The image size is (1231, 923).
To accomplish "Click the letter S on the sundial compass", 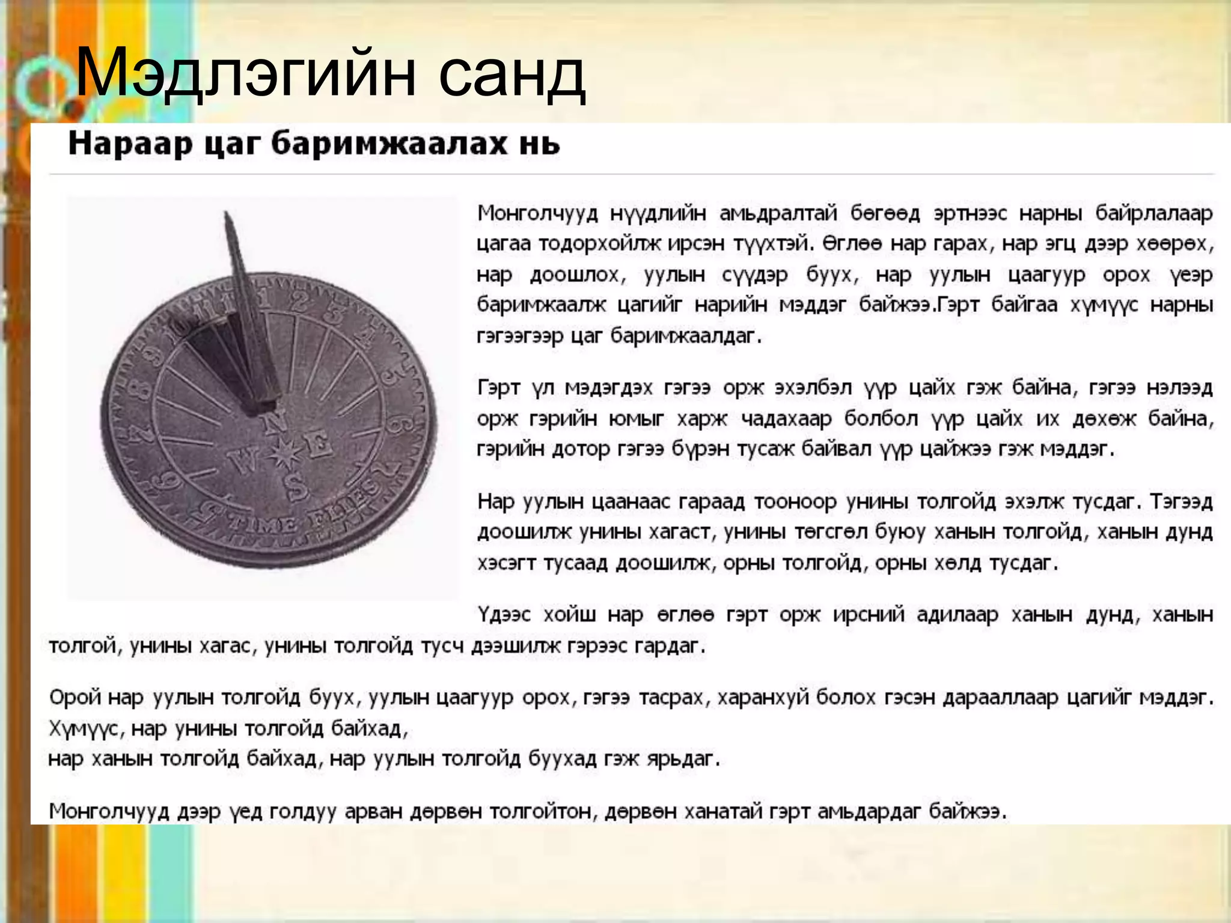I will (296, 488).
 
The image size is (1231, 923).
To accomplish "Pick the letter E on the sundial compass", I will (317, 446).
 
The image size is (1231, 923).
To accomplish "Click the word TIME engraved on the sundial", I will (264, 527).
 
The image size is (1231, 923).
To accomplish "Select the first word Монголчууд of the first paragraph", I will (537, 214).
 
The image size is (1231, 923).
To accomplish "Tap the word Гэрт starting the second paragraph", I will (498, 388).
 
